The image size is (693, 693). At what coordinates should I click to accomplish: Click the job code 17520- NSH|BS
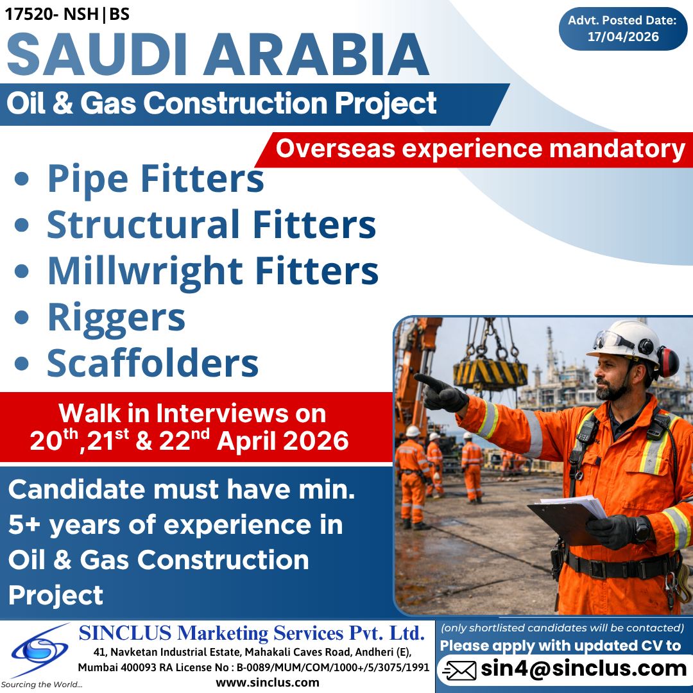click(x=67, y=14)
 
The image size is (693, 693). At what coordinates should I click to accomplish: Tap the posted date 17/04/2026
click(x=623, y=37)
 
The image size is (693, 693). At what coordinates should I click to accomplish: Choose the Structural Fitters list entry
click(x=211, y=225)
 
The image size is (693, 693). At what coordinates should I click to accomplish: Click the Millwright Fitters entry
click(x=212, y=271)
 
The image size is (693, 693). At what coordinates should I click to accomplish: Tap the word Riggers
click(x=116, y=317)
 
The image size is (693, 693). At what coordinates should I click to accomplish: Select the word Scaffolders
click(x=153, y=363)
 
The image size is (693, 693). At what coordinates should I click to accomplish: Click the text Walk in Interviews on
click(x=193, y=414)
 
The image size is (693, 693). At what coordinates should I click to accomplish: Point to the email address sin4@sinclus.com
click(x=584, y=669)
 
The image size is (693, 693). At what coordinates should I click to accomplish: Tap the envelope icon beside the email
click(x=459, y=671)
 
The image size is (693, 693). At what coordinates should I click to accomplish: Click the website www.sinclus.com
click(x=268, y=682)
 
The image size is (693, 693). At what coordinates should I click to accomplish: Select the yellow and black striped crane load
click(x=490, y=373)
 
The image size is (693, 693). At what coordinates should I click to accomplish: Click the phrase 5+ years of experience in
click(x=175, y=526)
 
